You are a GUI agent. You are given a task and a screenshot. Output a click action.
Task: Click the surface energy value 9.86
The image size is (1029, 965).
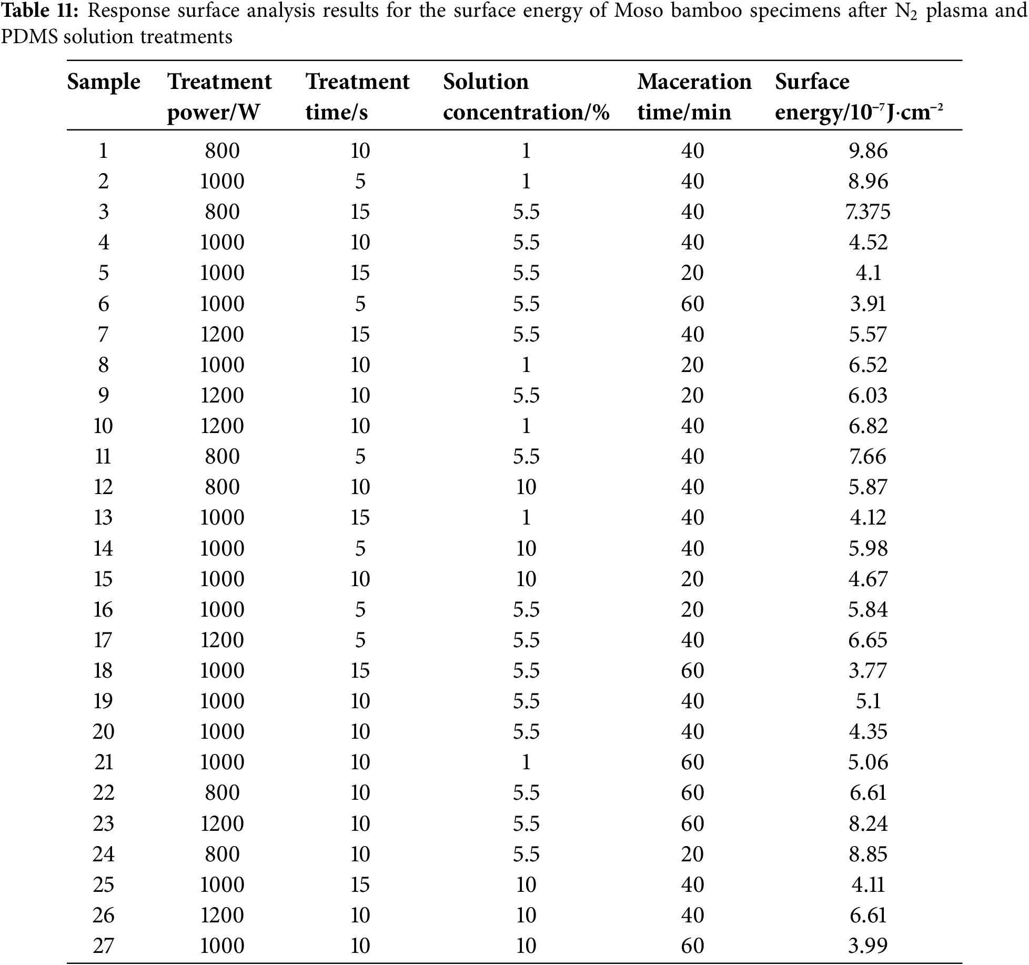pyautogui.click(x=868, y=151)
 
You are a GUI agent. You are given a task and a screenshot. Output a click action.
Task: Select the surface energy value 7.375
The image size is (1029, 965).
pyautogui.click(x=868, y=212)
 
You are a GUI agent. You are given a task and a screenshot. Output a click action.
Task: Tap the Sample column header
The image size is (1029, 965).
pyautogui.click(x=104, y=82)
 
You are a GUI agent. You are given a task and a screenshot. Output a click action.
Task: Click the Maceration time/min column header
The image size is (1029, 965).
pyautogui.click(x=694, y=97)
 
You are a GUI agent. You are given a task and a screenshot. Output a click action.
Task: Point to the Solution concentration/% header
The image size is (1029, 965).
pyautogui.click(x=526, y=97)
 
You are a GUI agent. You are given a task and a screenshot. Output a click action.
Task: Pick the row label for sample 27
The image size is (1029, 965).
pyautogui.click(x=103, y=946)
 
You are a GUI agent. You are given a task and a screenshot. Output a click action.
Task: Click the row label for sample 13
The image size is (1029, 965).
pyautogui.click(x=103, y=518)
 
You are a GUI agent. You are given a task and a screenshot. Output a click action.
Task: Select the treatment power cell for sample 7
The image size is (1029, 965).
pyautogui.click(x=222, y=335)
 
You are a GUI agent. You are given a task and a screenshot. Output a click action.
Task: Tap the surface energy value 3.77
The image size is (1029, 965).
pyautogui.click(x=868, y=671)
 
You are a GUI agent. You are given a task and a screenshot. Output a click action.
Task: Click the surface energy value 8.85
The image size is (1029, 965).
pyautogui.click(x=868, y=854)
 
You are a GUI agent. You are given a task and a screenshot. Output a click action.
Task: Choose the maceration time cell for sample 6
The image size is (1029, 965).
pyautogui.click(x=692, y=304)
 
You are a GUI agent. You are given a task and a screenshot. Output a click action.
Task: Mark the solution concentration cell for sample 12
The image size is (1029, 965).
pyautogui.click(x=526, y=487)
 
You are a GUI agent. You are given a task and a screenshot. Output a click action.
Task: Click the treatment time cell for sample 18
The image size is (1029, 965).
pyautogui.click(x=360, y=671)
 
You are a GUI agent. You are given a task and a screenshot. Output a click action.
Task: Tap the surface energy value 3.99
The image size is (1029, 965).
pyautogui.click(x=868, y=946)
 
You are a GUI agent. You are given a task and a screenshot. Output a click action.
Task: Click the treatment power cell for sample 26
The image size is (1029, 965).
pyautogui.click(x=222, y=915)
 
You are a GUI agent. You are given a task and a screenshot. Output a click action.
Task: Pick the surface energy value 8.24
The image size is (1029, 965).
pyautogui.click(x=868, y=823)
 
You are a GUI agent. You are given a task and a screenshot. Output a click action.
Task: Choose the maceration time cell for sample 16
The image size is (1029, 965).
pyautogui.click(x=692, y=610)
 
